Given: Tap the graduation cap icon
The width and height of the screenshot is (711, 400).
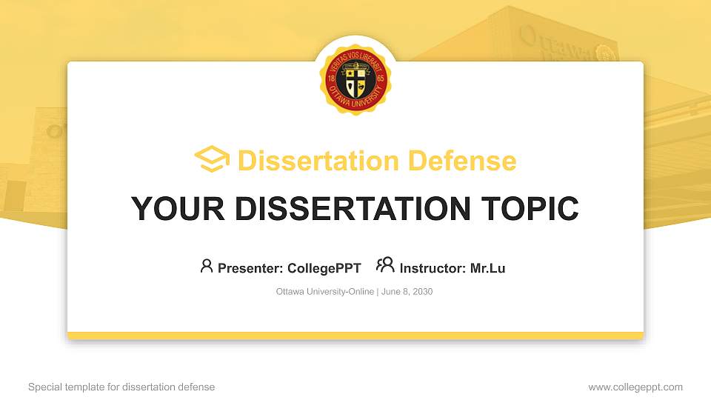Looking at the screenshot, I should point(212,159).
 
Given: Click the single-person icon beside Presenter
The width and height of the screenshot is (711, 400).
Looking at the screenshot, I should point(207,267).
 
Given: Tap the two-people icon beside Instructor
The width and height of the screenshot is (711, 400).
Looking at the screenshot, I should point(385,266).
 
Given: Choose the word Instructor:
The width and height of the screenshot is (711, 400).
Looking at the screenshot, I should point(433,268).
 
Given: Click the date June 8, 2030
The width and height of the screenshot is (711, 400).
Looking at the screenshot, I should point(407,292).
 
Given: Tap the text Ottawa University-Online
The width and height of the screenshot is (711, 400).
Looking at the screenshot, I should point(325,292).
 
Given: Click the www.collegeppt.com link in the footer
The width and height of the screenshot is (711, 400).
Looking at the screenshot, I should point(635,387).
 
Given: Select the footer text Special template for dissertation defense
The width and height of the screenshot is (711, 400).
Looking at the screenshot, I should point(121,387).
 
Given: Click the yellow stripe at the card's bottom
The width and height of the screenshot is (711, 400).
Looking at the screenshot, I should point(355,336).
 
